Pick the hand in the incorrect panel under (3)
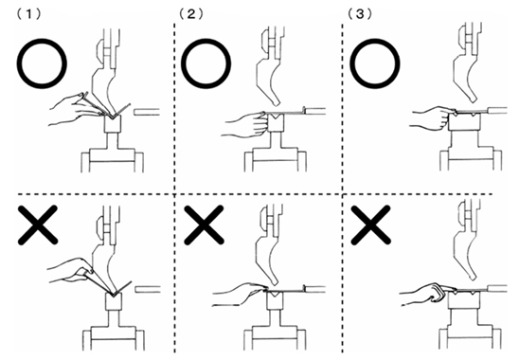418,289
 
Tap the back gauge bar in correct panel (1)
146,114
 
